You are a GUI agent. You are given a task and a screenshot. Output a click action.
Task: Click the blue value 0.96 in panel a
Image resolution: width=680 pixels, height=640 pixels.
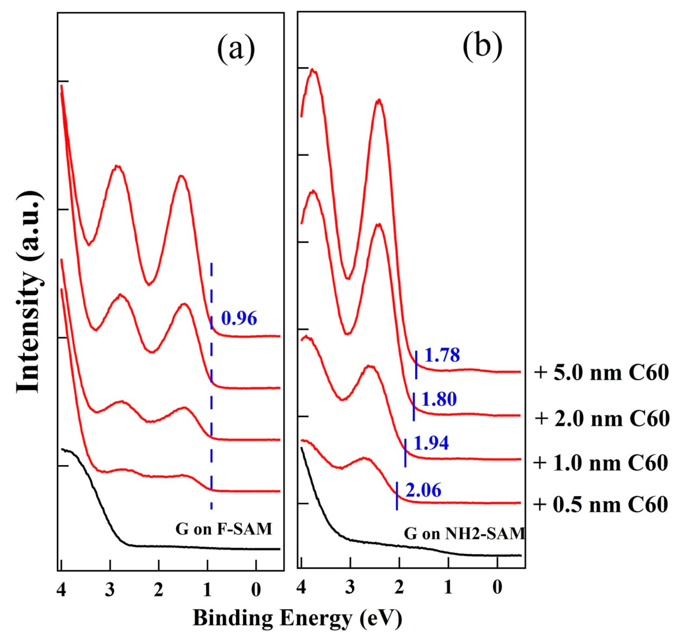tap(239, 319)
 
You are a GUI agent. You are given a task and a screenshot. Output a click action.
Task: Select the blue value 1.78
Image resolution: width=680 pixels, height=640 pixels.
tap(442, 355)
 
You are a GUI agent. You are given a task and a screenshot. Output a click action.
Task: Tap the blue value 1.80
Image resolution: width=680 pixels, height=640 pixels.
tap(439, 399)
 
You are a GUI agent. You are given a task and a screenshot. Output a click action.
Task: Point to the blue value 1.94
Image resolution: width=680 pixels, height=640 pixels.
tap(431, 444)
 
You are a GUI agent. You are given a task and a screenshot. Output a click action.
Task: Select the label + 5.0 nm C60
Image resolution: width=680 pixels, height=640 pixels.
tap(601, 373)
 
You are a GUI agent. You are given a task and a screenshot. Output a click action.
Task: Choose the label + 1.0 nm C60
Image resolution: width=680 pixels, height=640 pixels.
tap(601, 463)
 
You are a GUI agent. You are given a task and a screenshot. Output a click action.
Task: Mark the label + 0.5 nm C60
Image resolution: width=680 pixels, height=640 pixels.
tap(601, 505)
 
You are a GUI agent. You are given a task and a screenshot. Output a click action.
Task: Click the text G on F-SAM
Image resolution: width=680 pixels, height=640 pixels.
tap(224, 530)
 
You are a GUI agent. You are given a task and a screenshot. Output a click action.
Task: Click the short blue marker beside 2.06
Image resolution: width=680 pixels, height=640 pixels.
tap(397, 496)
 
